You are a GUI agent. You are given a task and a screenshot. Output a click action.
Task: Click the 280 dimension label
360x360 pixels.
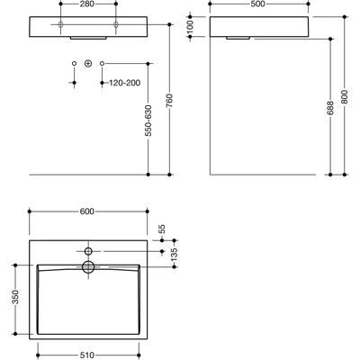pos(87,4)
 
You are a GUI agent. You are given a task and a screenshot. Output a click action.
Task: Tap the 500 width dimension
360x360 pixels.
pos(258,4)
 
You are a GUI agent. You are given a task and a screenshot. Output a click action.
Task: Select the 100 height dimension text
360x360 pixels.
pos(191,27)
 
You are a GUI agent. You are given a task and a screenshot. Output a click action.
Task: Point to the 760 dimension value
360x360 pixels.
pos(169,101)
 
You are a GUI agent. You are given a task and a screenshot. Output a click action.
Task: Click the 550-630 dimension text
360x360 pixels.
pos(148,121)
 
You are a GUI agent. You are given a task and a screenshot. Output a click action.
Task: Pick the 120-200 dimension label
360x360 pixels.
pos(124,83)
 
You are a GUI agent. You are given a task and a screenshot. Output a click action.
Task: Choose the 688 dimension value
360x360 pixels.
pos(330,108)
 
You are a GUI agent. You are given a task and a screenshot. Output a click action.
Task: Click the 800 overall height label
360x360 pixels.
pos(345,96)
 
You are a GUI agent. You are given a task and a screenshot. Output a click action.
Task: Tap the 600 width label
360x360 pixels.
pos(87,211)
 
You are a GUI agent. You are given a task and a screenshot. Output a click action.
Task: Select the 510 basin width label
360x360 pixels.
pos(87,355)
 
